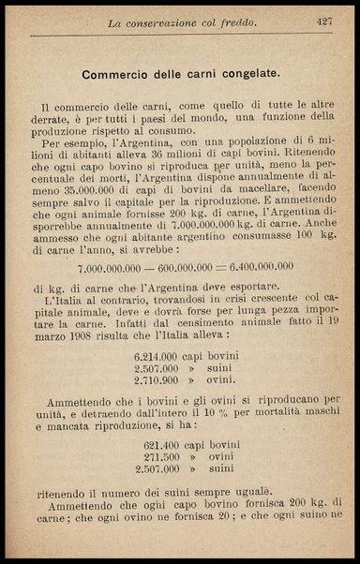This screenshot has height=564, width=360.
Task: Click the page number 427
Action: coord(324,20)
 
